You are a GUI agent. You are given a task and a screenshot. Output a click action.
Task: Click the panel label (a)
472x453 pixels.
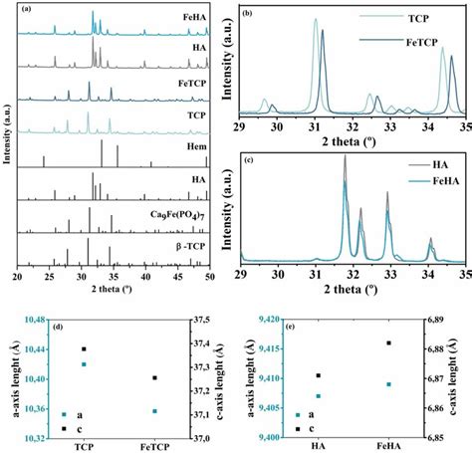pos(27,9)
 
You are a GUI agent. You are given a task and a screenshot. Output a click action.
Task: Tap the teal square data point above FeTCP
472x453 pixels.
pos(152,410)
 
